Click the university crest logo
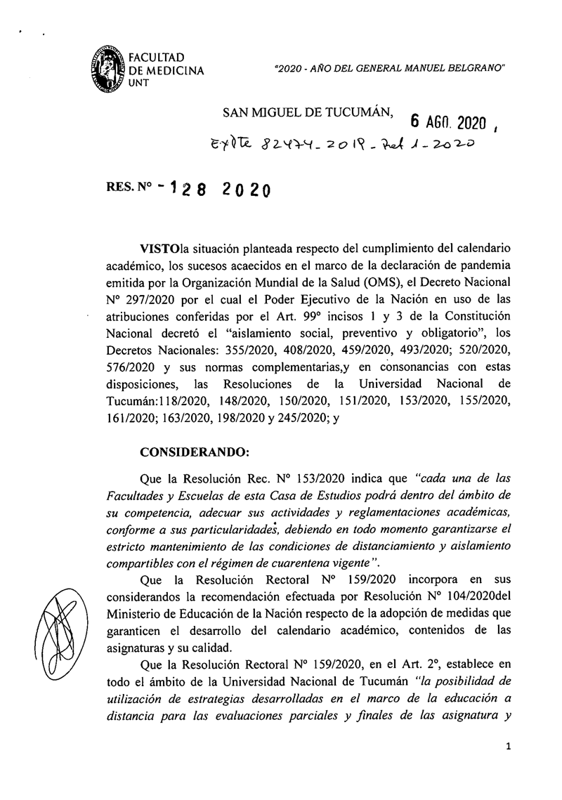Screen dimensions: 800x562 105,69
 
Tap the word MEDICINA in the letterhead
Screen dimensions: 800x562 174,70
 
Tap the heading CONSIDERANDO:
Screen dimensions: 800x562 185,448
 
